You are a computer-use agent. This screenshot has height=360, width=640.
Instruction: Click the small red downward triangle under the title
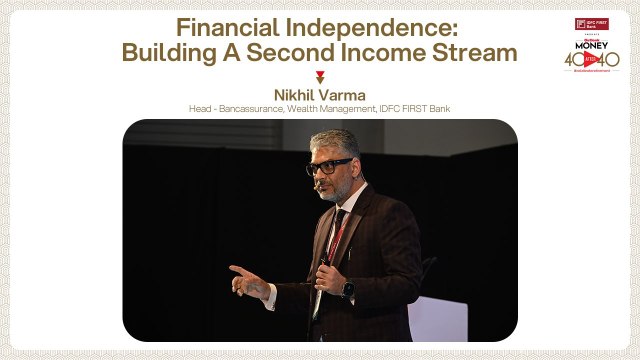320,76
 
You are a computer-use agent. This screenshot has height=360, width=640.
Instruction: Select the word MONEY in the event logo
591,46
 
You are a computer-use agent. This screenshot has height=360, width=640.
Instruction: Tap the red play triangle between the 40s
591,60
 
